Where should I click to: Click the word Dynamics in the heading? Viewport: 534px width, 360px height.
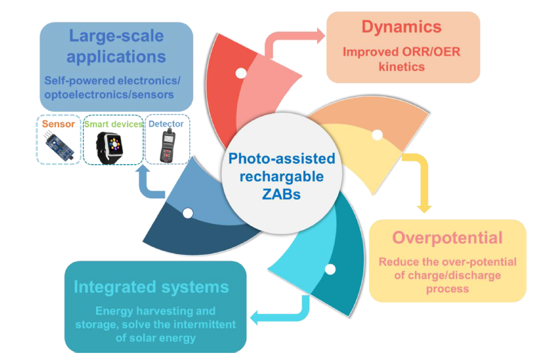tap(401, 27)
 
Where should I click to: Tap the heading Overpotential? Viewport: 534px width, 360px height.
tap(447, 237)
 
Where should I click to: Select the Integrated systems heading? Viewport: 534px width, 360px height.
tap(151, 287)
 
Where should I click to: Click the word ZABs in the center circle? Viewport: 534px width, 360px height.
tap(281, 194)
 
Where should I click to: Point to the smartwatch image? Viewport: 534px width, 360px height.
tap(113, 146)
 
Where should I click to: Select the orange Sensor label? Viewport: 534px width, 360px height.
tap(58, 124)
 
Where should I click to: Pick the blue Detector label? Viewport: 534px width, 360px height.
tap(166, 124)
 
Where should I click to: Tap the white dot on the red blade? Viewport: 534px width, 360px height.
tap(241, 73)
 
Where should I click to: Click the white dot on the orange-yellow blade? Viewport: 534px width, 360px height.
tap(377, 135)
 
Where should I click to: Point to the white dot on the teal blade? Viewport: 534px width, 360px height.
tap(330, 269)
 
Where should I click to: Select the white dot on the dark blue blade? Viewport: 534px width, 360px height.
tap(187, 213)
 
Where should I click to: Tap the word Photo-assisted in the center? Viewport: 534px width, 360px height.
tap(281, 159)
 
